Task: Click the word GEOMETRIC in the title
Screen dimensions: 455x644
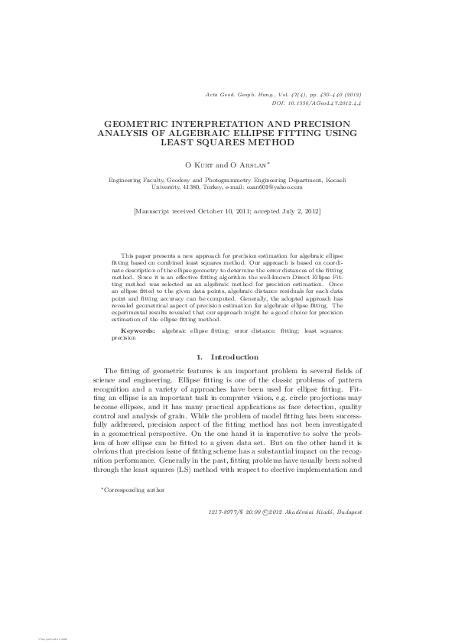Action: click(138, 123)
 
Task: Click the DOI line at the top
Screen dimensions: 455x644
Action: click(317, 101)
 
